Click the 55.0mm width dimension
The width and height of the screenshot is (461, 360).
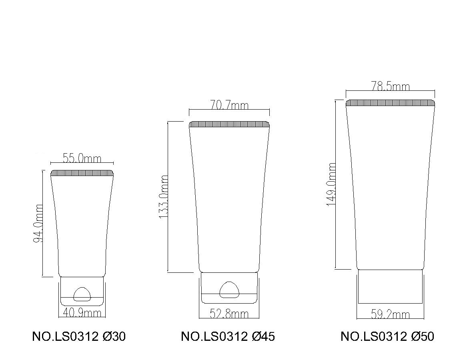pyautogui.click(x=82, y=159)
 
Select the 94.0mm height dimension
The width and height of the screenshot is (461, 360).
pyautogui.click(x=38, y=224)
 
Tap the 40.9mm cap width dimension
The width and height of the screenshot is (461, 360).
pyautogui.click(x=82, y=313)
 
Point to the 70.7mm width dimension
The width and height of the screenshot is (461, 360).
pyautogui.click(x=229, y=105)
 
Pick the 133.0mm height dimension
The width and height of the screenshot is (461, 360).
pyautogui.click(x=163, y=197)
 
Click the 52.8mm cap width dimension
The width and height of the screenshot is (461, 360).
pyautogui.click(x=229, y=314)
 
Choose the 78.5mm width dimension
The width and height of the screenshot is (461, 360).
pyautogui.click(x=391, y=86)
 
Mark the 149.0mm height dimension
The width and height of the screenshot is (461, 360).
pyautogui.click(x=331, y=184)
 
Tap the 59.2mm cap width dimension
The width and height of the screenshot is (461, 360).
pyautogui.click(x=391, y=315)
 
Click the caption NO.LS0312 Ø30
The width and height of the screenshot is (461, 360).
pyautogui.click(x=79, y=336)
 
